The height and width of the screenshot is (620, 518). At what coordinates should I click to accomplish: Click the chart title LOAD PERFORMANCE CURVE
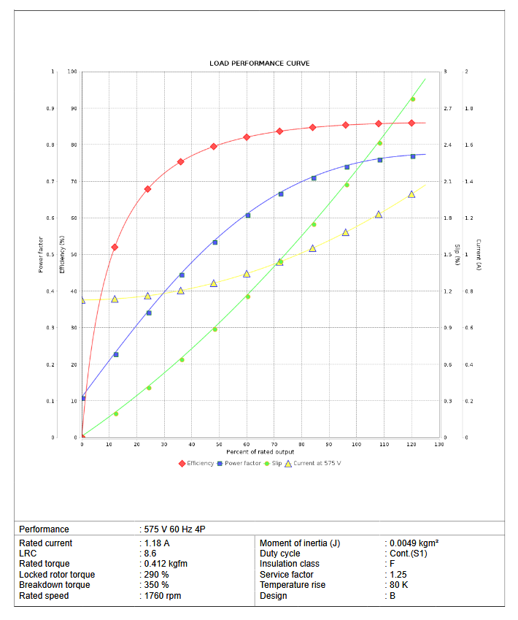pos(259,64)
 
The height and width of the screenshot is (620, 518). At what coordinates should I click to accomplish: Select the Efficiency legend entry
pos(196,464)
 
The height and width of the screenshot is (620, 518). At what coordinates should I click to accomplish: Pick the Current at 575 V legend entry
pos(312,464)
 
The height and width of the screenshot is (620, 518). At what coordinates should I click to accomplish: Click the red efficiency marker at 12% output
pos(115,247)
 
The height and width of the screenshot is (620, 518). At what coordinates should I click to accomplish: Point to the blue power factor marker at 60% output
pos(248,215)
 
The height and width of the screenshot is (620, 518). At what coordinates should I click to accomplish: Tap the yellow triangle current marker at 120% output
pos(411,194)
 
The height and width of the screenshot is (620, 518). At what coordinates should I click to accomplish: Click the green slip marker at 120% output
pos(412,99)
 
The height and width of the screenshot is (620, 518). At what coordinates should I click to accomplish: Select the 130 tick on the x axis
pos(438,444)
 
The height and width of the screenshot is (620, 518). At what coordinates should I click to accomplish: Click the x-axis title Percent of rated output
pos(260,452)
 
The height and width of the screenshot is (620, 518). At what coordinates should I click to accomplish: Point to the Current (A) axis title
pos(478,254)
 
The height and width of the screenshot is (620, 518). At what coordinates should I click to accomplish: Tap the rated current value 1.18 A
pos(158,543)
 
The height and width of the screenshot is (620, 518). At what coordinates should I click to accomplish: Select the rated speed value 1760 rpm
pos(162,596)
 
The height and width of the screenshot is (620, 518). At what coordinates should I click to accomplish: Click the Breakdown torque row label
pos(54,585)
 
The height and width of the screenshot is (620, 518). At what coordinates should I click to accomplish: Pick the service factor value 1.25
pos(398,575)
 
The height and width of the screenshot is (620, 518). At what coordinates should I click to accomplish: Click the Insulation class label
pos(290,564)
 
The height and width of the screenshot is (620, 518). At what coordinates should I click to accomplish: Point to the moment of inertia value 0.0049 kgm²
pos(414,543)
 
